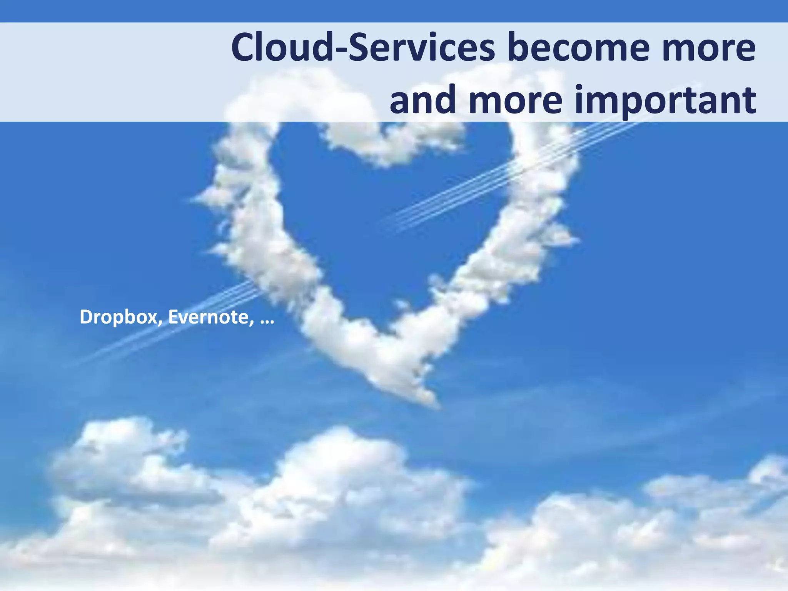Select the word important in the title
[669, 101]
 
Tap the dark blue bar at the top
[394, 11]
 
